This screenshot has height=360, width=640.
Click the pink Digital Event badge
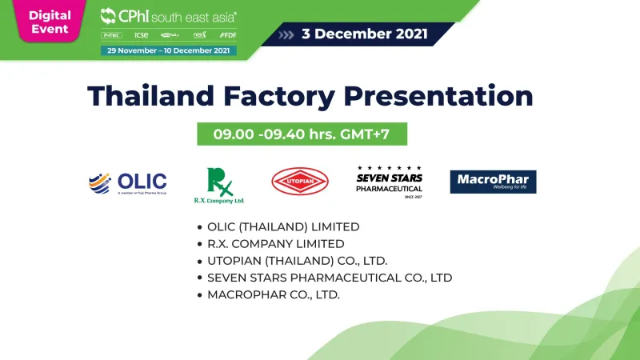click(50, 22)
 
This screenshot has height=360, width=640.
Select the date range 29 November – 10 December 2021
click(168, 50)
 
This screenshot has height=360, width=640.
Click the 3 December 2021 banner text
click(365, 34)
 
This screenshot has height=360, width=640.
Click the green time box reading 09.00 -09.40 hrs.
click(302, 134)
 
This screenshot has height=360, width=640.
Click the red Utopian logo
click(299, 182)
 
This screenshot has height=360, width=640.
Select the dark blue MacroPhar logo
click(493, 182)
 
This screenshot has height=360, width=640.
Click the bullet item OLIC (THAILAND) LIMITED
click(283, 226)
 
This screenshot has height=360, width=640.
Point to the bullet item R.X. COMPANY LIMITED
click(275, 243)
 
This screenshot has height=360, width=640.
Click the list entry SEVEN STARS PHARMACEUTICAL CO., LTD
click(329, 278)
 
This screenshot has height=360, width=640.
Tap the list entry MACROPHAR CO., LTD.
click(273, 294)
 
